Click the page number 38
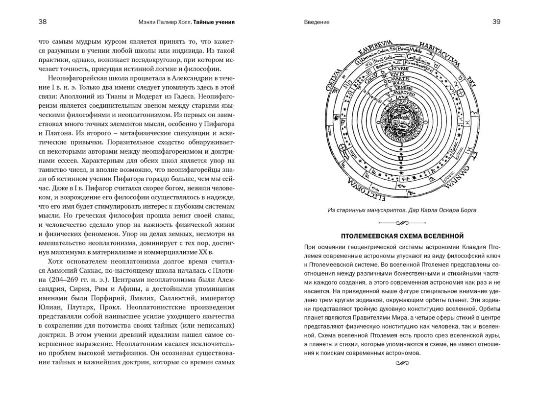point(43,22)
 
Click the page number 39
point(496,22)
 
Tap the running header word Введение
point(317,22)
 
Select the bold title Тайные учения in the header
point(214,22)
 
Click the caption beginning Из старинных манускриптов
point(402,211)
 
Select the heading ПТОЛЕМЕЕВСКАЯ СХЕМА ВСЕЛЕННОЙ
point(402,236)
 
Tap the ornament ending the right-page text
point(402,363)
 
